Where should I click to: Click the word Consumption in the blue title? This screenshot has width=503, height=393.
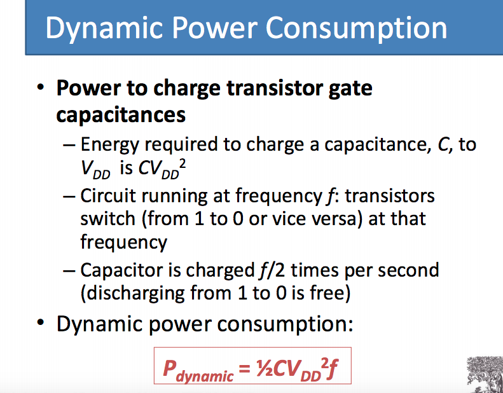click(356, 29)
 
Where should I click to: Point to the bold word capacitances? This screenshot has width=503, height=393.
click(121, 114)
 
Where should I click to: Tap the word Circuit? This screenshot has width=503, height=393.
click(108, 195)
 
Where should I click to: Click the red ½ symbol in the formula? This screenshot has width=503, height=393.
click(265, 368)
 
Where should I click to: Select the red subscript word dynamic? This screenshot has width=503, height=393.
click(205, 375)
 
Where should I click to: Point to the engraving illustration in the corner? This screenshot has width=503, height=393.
click(485, 375)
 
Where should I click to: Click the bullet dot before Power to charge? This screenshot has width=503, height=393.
click(41, 87)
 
